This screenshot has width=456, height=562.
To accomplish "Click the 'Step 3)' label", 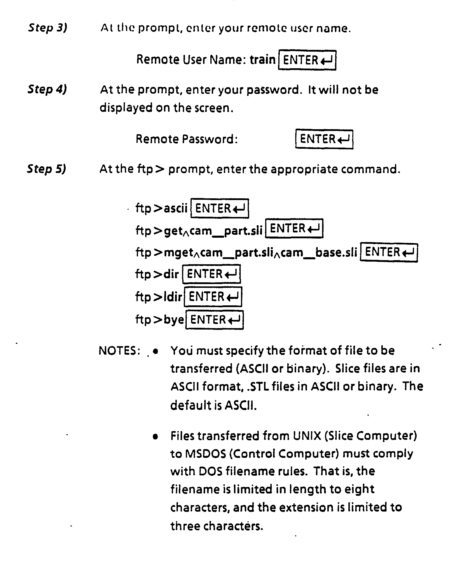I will pos(48,28).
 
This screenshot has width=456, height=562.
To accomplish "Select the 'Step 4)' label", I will pos(47,89).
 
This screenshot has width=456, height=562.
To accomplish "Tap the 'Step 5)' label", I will pos(47,169).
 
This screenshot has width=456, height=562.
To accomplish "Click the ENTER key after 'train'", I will pos(307,60).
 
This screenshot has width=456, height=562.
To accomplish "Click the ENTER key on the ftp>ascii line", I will pos(220,208).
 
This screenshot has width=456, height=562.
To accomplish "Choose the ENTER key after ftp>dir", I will pos(212,274).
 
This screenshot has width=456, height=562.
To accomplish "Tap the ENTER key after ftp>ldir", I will pos(213,297).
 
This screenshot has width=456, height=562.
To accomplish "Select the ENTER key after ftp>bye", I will pos(214,320).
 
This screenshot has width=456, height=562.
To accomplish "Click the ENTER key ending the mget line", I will pos(389,252).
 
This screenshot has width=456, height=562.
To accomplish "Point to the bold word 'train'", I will pos(263,59).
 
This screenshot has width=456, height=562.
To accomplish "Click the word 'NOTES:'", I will pos(117,351).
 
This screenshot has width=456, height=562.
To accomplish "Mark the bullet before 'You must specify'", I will pos(155,351).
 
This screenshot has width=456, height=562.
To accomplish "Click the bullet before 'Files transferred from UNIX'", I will pos(155,437).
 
